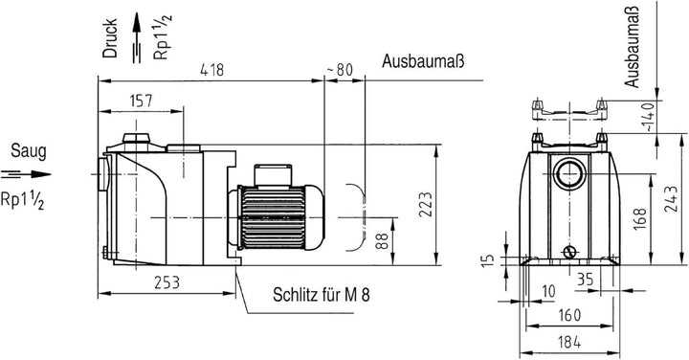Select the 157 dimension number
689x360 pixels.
[140, 101]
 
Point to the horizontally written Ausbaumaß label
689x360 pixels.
[423, 63]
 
